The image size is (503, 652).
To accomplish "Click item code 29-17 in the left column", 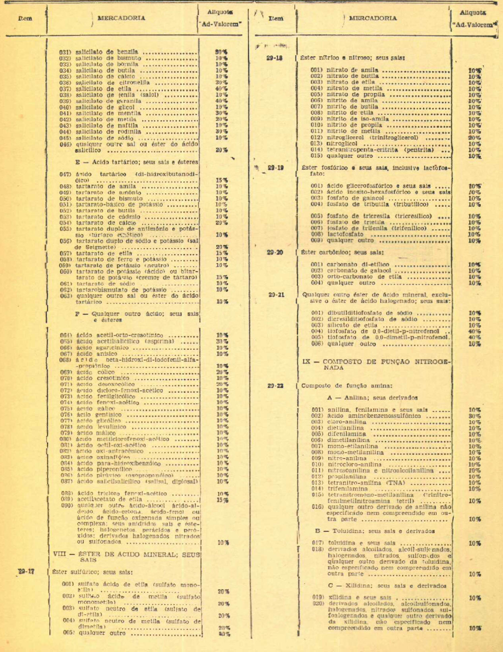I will tap(26, 571).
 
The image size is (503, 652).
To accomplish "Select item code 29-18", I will tap(275, 58).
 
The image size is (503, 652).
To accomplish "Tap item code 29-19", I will tap(275, 168).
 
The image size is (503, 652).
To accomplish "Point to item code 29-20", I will tap(275, 252).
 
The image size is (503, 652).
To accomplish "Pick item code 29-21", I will tap(276, 295).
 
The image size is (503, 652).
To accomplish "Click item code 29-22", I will tap(276, 386).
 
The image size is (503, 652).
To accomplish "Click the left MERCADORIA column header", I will tap(121, 18).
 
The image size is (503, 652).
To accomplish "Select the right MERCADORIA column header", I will tap(373, 18).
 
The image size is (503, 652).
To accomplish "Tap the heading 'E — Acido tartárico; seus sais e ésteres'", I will tap(137, 162).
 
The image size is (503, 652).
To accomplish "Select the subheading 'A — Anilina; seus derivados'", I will tap(372, 398).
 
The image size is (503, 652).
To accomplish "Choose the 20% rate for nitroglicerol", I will tap(474, 138).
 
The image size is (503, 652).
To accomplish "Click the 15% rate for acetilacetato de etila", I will tap(222, 500).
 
